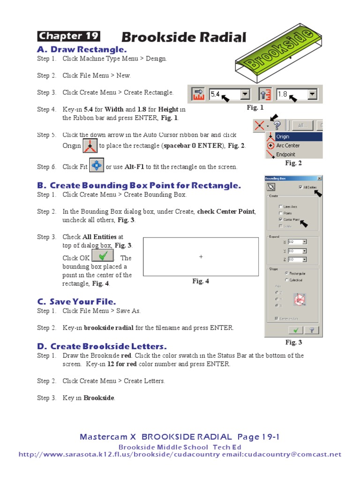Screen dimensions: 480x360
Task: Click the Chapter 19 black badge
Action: coord(68,37)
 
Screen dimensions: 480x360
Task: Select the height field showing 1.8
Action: coord(292,95)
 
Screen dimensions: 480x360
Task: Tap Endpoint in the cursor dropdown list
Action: coord(285,154)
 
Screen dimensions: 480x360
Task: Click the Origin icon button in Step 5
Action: coord(90,146)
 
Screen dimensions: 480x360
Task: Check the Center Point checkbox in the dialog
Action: coord(281,219)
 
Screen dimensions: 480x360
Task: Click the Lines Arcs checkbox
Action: coord(281,206)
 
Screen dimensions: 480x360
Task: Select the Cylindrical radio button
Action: coord(281,280)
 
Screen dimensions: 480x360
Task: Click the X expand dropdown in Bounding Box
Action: coord(305,242)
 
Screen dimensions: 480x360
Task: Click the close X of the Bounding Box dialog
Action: coord(319,178)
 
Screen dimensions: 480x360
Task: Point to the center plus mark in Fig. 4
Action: coord(201,256)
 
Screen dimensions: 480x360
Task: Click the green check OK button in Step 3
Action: coord(103,256)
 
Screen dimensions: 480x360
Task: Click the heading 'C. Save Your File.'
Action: coord(76,301)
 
